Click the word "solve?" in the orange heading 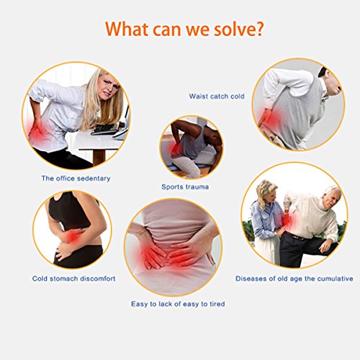(x=238, y=29)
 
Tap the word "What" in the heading (x=127, y=29)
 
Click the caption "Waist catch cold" (x=217, y=96)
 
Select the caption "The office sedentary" (x=76, y=179)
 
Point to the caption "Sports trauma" (x=185, y=186)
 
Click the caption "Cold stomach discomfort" (x=74, y=279)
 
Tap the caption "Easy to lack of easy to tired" (x=178, y=304)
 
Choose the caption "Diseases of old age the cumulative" (x=294, y=279)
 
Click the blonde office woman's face (x=109, y=87)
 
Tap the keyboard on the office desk (x=104, y=130)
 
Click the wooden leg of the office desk (x=99, y=157)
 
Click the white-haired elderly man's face (x=333, y=199)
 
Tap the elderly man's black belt (x=297, y=236)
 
